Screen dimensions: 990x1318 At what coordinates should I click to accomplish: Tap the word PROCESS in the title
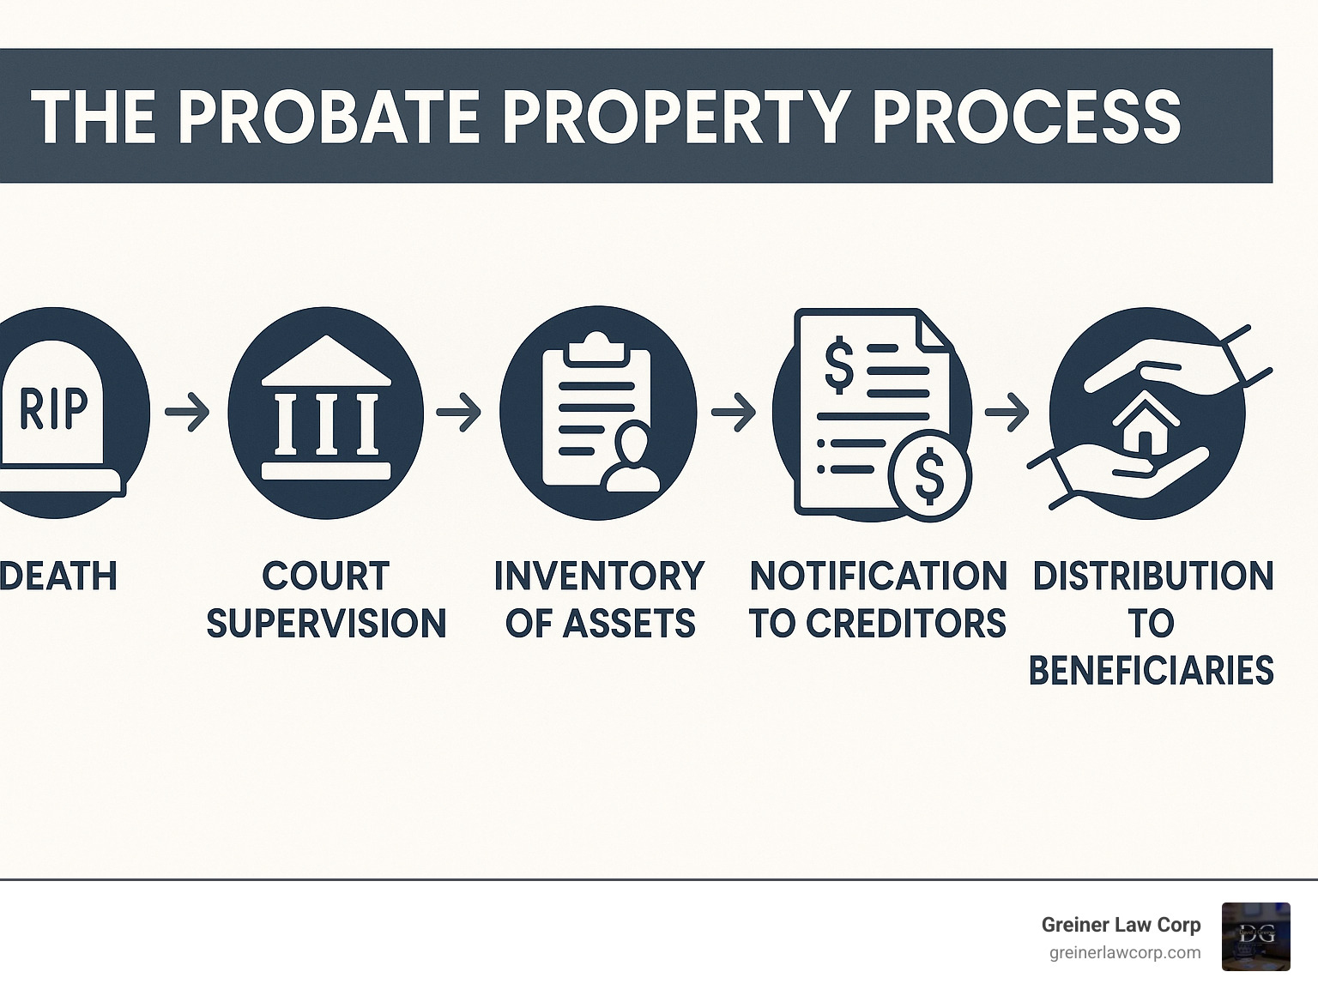click(1026, 117)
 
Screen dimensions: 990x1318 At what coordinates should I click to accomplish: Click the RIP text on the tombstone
click(53, 409)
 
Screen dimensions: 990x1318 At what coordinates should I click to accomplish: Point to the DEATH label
click(58, 576)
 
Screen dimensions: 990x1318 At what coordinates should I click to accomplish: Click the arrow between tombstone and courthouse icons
click(187, 412)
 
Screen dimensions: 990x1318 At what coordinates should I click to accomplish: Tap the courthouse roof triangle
click(326, 359)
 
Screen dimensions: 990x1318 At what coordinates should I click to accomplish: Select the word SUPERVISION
click(326, 623)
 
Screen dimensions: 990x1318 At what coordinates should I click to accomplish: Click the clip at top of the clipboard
click(598, 348)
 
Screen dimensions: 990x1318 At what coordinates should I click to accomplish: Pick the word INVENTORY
click(599, 576)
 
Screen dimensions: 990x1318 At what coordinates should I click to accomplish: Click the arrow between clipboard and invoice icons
click(733, 412)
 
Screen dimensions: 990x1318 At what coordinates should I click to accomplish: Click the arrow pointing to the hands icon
click(1007, 412)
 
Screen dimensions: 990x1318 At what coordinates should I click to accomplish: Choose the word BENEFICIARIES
click(1151, 670)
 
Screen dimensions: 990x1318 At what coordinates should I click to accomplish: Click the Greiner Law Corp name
click(1121, 924)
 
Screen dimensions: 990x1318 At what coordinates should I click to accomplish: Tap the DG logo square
click(1255, 936)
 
